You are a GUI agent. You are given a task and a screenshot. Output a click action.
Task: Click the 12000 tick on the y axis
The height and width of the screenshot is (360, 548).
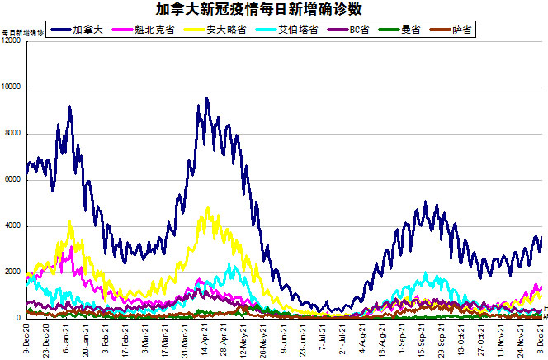(x=12, y=41)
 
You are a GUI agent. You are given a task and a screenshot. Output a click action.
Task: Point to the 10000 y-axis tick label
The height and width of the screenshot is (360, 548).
(x=12, y=88)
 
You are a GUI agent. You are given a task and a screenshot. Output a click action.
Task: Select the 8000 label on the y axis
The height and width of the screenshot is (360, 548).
(x=13, y=134)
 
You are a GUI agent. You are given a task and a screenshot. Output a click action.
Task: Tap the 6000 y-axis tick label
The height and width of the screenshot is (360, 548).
(x=13, y=180)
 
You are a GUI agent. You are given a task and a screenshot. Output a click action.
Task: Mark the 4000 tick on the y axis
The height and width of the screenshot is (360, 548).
(x=13, y=226)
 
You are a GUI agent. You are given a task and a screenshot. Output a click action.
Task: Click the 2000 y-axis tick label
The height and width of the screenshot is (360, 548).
(x=13, y=272)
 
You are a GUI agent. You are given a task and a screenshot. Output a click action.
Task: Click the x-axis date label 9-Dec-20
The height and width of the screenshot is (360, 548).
(x=28, y=340)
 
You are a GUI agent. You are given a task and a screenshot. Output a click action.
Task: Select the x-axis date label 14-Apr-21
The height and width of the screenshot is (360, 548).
(x=204, y=340)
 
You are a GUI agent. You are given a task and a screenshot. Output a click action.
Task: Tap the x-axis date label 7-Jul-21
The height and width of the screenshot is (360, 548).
(x=322, y=340)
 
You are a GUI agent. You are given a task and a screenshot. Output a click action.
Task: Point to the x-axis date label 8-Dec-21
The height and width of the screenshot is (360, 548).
(x=541, y=340)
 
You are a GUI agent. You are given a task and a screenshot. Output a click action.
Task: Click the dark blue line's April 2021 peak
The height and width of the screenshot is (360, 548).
(x=206, y=99)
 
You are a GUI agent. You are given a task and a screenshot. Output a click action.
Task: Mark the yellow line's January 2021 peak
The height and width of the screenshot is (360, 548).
(x=69, y=221)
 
